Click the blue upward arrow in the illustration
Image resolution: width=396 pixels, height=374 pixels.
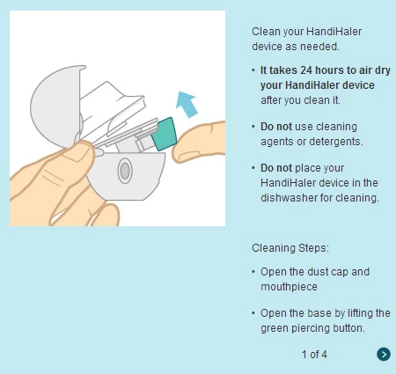tap(187, 105)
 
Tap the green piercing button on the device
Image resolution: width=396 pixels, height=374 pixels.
tap(164, 134)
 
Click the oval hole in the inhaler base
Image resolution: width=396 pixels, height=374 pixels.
tap(125, 171)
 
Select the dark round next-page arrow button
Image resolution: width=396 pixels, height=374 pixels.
tap(384, 354)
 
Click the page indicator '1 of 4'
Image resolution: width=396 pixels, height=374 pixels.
tap(314, 355)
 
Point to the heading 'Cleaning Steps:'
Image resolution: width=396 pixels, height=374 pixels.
tap(290, 248)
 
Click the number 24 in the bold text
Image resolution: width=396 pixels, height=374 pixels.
tap(306, 70)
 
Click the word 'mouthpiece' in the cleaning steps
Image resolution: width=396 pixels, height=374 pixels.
tap(289, 287)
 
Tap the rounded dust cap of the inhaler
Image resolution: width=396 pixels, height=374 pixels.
tap(55, 106)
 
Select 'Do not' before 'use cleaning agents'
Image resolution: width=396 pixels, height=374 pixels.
tap(276, 127)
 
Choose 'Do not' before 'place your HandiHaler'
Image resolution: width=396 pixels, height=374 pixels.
tap(276, 168)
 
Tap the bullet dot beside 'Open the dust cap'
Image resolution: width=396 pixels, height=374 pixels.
tap(253, 272)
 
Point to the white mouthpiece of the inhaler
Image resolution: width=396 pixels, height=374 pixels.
tap(112, 106)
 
